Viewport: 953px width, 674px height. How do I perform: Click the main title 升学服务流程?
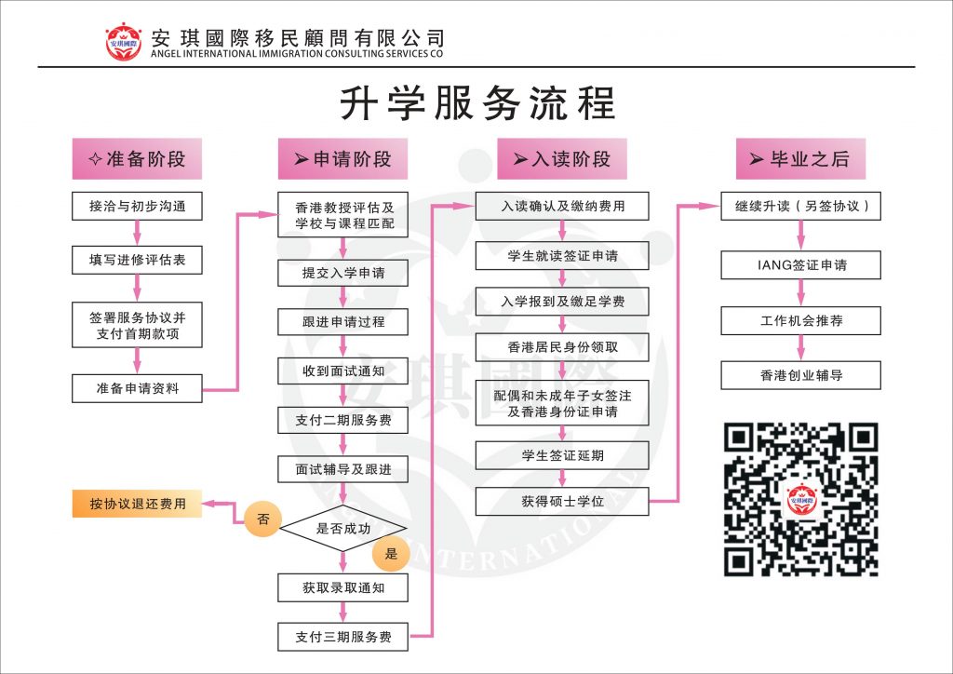pos(476,102)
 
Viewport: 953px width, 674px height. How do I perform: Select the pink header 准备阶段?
pos(137,158)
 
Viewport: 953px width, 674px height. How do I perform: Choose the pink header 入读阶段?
pos(561,158)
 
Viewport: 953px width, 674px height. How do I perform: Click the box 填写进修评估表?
pos(137,260)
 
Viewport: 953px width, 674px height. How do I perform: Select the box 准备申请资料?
pos(137,388)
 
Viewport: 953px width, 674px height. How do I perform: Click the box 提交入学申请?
pos(342,273)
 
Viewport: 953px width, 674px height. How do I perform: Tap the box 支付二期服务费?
pos(342,420)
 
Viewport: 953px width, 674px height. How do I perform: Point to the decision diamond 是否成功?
pos(342,528)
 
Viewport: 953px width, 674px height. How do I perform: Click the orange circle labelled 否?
pos(262,519)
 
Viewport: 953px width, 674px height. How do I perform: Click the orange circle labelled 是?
pos(391,554)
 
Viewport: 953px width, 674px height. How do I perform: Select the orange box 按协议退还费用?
pos(137,504)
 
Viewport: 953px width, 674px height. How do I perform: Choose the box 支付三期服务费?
pos(342,637)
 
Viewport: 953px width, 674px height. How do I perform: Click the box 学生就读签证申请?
pos(561,256)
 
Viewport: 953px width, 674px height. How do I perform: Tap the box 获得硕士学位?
pos(561,501)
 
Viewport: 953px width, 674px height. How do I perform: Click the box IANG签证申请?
pos(800,264)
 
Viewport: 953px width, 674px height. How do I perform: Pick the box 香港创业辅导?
pos(800,376)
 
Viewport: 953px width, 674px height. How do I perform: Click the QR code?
pos(800,499)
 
